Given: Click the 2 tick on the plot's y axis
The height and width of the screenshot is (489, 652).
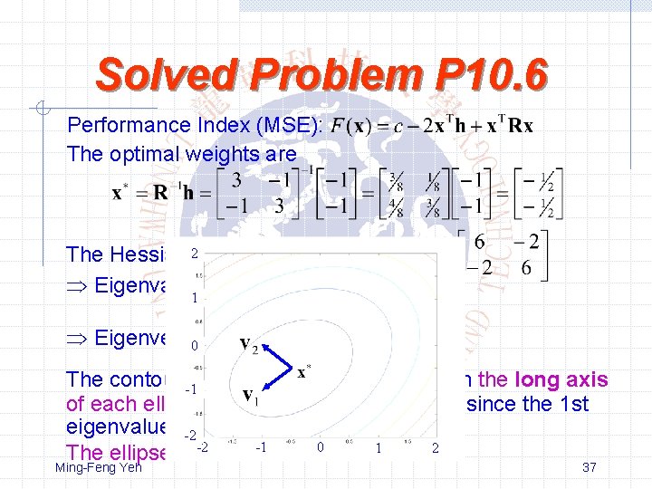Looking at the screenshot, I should [193, 255].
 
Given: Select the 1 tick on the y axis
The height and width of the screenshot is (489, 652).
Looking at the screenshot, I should [193, 298].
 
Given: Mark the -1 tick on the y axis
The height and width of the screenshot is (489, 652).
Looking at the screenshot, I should [191, 389].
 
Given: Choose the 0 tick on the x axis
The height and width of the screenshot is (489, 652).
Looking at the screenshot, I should [319, 447].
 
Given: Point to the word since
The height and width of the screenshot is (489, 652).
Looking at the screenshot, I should [493, 404].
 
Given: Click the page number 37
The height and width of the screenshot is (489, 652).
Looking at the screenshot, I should [589, 466].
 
